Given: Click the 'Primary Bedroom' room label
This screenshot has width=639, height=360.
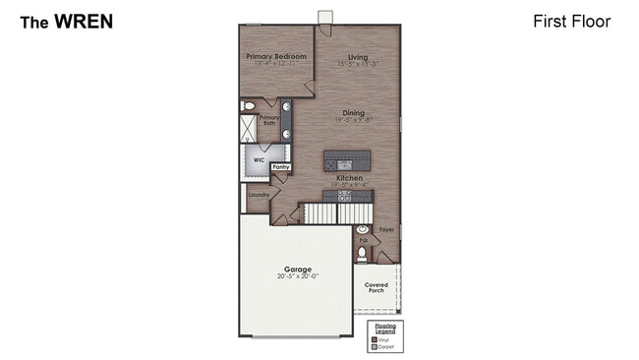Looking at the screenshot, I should (x=276, y=57).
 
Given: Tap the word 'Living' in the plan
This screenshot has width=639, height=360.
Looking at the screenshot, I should (x=357, y=57).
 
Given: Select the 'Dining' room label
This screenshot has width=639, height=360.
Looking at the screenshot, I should (x=353, y=113).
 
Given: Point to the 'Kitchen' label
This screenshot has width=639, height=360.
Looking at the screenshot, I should (x=350, y=178).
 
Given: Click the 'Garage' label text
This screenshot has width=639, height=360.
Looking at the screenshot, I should (x=297, y=269).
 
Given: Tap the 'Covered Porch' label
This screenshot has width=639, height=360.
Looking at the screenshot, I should (x=376, y=288).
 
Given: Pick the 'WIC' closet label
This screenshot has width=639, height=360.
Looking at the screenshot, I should (x=259, y=158).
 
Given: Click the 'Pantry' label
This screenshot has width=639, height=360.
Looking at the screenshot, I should (x=281, y=168).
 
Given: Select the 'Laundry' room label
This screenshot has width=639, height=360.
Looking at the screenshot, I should (x=259, y=195).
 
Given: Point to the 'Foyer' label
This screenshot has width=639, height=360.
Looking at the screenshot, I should (x=387, y=230).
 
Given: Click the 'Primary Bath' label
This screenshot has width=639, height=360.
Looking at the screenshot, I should (x=269, y=120).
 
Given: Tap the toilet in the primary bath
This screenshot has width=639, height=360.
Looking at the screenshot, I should (x=248, y=104).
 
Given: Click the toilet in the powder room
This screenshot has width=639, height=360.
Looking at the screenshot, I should (x=362, y=254).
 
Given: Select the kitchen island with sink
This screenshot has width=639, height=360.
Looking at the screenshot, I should (x=347, y=160).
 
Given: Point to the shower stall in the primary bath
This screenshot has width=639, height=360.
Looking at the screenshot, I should (x=248, y=130).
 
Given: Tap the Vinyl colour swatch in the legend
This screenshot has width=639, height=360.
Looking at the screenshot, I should (x=375, y=339).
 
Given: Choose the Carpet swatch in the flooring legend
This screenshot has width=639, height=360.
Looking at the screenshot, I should (x=375, y=346).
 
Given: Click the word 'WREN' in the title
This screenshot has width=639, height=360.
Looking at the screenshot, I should (x=84, y=21).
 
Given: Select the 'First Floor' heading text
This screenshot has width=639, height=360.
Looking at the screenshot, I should (x=571, y=21).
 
